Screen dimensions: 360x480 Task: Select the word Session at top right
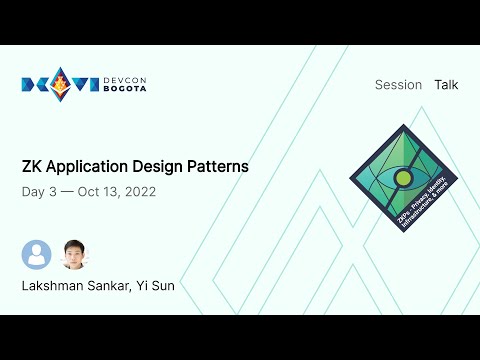[x=398, y=85]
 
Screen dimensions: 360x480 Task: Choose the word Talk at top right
[x=446, y=85]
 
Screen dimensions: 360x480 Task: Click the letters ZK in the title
[x=32, y=166]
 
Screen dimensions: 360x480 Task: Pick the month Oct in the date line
[x=98, y=191]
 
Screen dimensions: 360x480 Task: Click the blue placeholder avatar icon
[x=36, y=255]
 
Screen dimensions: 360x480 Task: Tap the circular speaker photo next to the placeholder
[x=73, y=255]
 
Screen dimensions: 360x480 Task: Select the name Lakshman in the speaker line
[x=55, y=286]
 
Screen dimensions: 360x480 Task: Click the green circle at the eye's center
[x=404, y=180]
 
